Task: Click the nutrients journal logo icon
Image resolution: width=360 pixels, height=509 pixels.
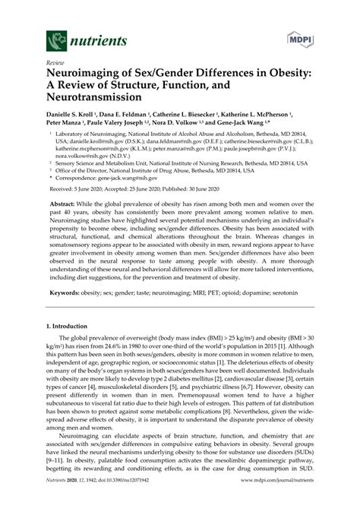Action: (x=55, y=37)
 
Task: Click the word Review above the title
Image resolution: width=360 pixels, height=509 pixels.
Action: (x=56, y=64)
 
